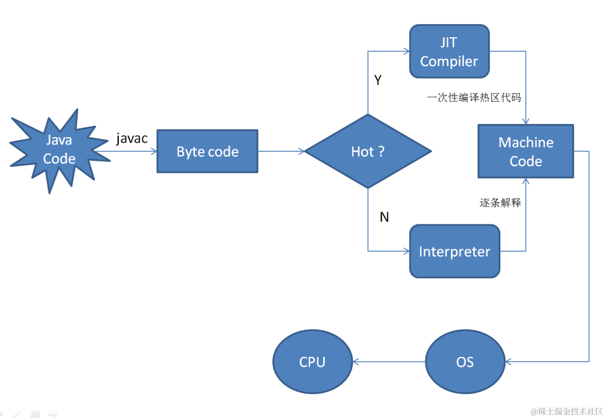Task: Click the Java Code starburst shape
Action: [59, 151]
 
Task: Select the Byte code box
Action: [207, 151]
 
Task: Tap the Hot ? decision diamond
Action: [368, 151]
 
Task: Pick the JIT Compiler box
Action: [449, 51]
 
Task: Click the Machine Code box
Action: [526, 151]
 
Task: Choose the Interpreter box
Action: [454, 251]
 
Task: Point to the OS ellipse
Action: [465, 362]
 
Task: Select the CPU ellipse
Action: [312, 362]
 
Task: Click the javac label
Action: [132, 139]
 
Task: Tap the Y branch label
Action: [378, 80]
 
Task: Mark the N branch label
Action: [384, 217]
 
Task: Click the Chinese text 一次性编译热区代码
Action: [474, 98]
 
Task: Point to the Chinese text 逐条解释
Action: [500, 202]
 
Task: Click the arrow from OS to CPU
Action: [389, 362]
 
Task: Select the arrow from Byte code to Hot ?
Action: [281, 151]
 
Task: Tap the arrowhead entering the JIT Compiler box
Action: [407, 51]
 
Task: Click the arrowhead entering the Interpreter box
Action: [407, 251]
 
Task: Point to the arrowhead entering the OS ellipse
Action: [508, 362]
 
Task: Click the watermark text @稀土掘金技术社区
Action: [567, 411]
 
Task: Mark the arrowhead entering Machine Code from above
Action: [526, 121]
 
